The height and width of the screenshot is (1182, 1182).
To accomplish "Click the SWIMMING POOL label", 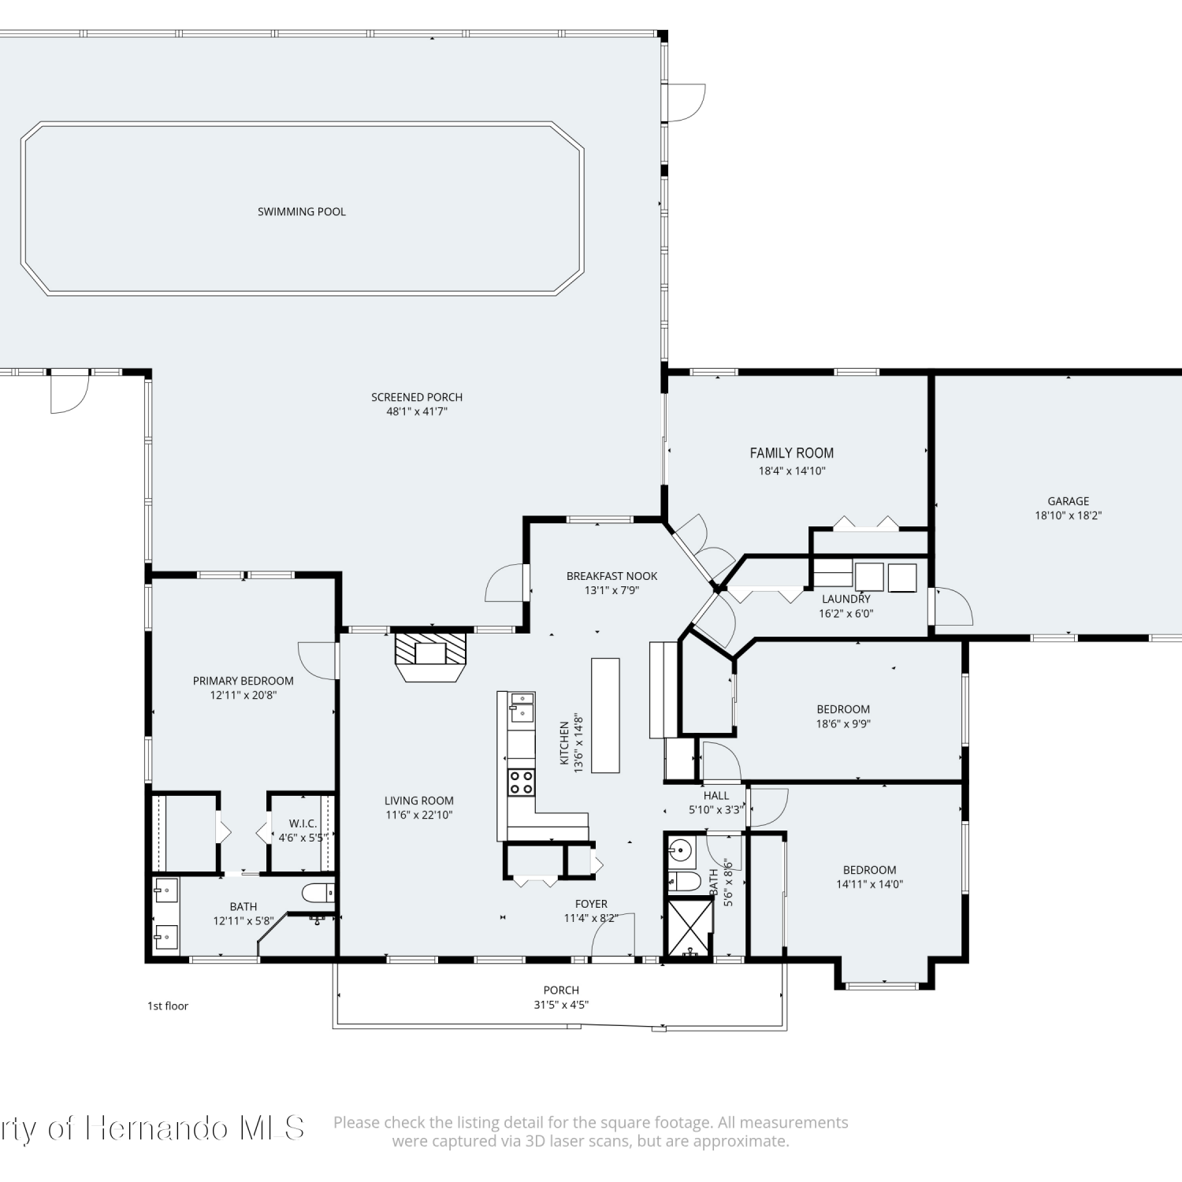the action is pyautogui.click(x=302, y=211).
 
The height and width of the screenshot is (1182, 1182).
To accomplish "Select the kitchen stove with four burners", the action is pyautogui.click(x=521, y=782).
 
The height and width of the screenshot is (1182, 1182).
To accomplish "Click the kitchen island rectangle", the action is pyautogui.click(x=605, y=715).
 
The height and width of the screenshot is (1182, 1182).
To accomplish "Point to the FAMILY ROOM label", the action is pyautogui.click(x=792, y=453).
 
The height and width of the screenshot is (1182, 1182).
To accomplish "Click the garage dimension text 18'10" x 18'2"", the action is pyautogui.click(x=1069, y=515).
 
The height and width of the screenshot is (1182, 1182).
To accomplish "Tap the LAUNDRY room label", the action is pyautogui.click(x=846, y=599).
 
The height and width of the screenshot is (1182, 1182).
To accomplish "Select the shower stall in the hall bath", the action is pyautogui.click(x=689, y=927).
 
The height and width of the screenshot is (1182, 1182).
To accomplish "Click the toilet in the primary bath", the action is pyautogui.click(x=318, y=893).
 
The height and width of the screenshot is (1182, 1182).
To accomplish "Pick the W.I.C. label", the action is pyautogui.click(x=303, y=823).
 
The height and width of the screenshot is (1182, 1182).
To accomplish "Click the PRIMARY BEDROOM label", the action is pyautogui.click(x=243, y=681).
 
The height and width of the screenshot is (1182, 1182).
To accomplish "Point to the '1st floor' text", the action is pyautogui.click(x=168, y=1005).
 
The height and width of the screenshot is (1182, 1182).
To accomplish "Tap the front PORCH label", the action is pyautogui.click(x=561, y=990).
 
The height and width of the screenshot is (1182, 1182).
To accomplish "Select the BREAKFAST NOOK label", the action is pyautogui.click(x=611, y=576).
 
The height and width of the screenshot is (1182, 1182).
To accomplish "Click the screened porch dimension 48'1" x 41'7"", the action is pyautogui.click(x=417, y=411).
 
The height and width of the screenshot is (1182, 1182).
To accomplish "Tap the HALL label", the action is pyautogui.click(x=716, y=796).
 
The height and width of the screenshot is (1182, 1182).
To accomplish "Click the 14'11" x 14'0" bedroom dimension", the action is pyautogui.click(x=870, y=884).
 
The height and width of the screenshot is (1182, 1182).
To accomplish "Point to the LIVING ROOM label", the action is pyautogui.click(x=419, y=801).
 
